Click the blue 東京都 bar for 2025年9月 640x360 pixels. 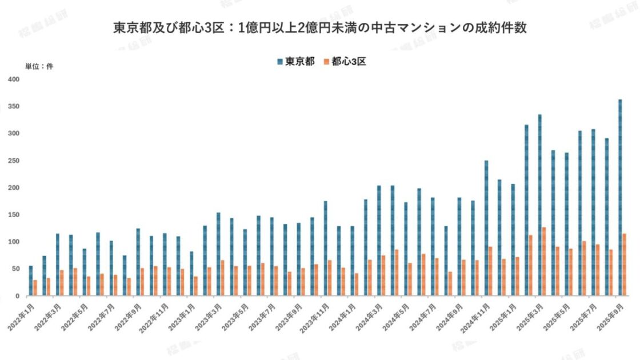coord(620,197)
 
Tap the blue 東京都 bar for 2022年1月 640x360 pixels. coord(31,281)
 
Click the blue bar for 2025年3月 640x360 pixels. coord(539,205)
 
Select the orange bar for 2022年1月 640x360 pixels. coord(35,287)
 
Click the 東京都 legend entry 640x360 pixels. coord(295,62)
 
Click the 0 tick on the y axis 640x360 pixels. coord(18,296)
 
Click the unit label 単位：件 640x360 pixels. coord(39,66)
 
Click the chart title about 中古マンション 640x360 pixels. coord(319,28)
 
